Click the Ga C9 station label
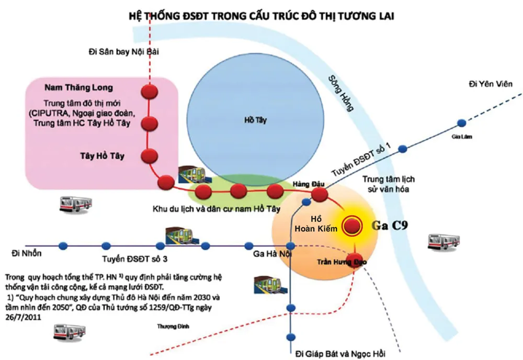[390, 226]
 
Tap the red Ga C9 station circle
[352, 226]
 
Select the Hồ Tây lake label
[256, 120]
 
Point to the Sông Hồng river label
[340, 94]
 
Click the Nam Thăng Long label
[79, 88]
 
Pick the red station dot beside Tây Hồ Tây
[150, 156]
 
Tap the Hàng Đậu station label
[309, 184]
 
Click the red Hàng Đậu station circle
[319, 195]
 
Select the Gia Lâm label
[462, 137]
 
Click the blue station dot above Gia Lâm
[462, 123]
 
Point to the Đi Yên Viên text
[491, 84]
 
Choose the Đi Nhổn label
[27, 254]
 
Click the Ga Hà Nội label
[272, 254]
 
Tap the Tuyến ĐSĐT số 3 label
[135, 259]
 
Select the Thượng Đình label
[173, 327]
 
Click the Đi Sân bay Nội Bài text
[124, 52]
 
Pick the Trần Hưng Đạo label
[342, 262]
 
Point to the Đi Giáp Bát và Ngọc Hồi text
[340, 353]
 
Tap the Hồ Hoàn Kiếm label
[316, 224]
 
